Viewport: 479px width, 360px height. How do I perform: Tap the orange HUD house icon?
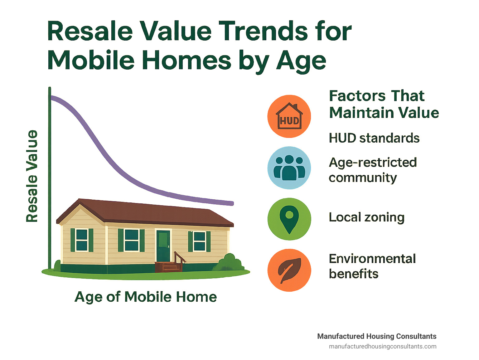coord(289,116)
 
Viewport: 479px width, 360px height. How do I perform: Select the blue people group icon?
coord(289,168)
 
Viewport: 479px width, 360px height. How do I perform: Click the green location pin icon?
coord(289,219)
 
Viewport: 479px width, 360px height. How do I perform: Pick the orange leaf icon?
coord(289,270)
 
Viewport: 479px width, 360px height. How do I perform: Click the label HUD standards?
coord(374,138)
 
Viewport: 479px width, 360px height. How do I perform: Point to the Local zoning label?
coord(367,217)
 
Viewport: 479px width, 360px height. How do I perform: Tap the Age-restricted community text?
coord(373,170)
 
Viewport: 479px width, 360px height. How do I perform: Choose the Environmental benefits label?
coord(372,266)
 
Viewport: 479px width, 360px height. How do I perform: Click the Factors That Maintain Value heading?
coord(384,104)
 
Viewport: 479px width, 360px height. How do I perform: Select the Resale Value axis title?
coord(32,176)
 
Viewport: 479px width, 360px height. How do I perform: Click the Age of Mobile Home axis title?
coord(146,297)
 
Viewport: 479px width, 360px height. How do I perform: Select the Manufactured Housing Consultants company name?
coord(377,336)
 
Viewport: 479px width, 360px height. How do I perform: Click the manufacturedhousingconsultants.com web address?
coord(383,347)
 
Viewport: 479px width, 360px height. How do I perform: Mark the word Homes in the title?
coord(187,60)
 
